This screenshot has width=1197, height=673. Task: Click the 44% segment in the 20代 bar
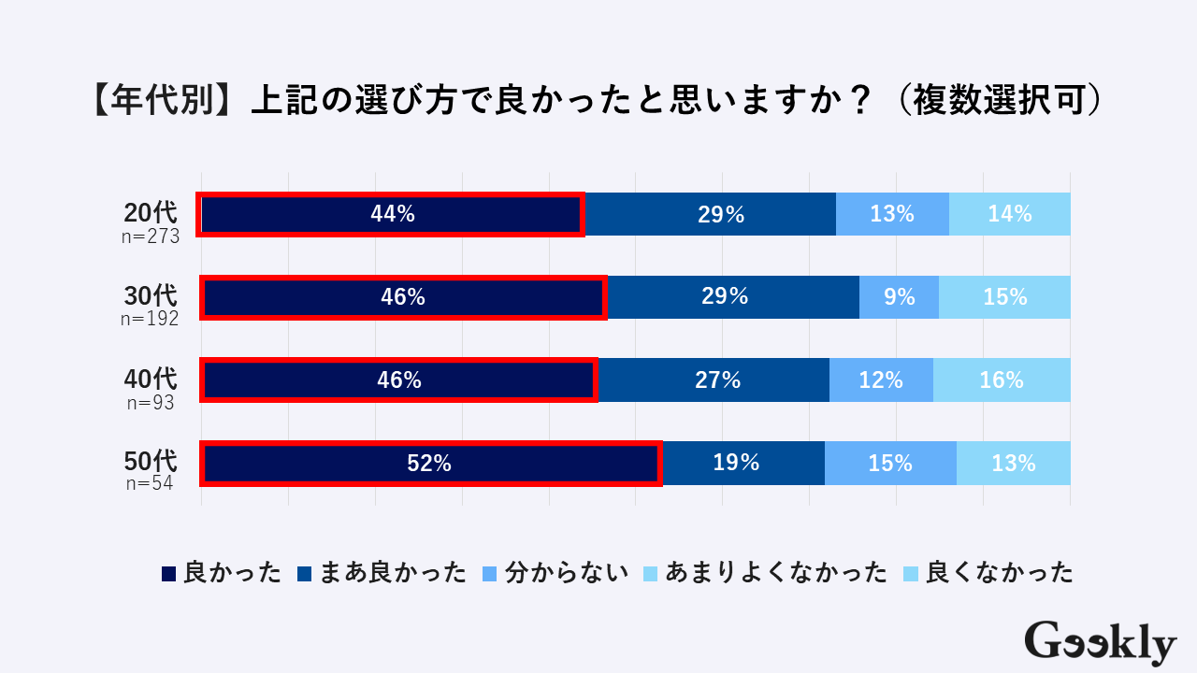pos(392,214)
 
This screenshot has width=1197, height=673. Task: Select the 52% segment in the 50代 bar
pos(429,463)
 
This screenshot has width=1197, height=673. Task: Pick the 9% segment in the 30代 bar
pos(899,297)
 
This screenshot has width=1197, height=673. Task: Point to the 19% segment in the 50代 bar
pos(743,463)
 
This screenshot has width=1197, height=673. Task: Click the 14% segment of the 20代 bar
pos(1010,214)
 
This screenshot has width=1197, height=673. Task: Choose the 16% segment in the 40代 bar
pos(1002,380)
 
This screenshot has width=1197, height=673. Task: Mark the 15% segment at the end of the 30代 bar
pos(1004,297)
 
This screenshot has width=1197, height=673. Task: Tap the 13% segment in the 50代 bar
pos(1013,463)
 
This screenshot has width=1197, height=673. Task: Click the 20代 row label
pos(150,213)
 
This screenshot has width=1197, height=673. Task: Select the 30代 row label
pos(150,296)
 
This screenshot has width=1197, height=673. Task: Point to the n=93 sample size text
pos(151,403)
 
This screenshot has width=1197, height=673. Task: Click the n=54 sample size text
pos(151,484)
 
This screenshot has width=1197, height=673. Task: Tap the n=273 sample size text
pos(150,236)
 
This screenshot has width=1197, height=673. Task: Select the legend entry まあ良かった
pos(381,573)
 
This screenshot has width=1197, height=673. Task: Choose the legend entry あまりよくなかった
pos(765,573)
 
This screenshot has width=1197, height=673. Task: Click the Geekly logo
pos(1100,642)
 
